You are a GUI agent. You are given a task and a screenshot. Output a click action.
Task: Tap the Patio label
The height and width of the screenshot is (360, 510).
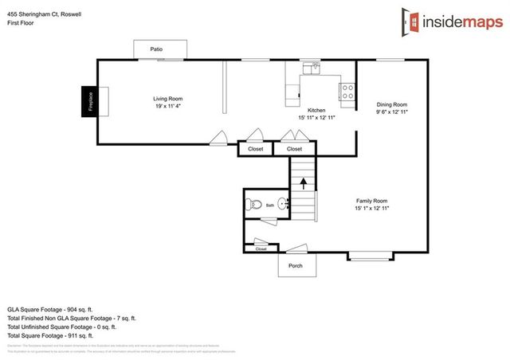pyautogui.click(x=156, y=49)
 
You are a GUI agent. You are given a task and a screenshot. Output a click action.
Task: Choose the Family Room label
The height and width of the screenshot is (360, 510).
pyautogui.click(x=371, y=201)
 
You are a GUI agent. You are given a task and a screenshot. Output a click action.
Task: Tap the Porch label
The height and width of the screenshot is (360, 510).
pyautogui.click(x=295, y=266)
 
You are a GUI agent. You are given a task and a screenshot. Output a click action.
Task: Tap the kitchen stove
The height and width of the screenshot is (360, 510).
pyautogui.click(x=347, y=92)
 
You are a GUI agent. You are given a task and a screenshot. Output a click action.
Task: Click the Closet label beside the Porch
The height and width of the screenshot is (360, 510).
pyautogui.click(x=261, y=249)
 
